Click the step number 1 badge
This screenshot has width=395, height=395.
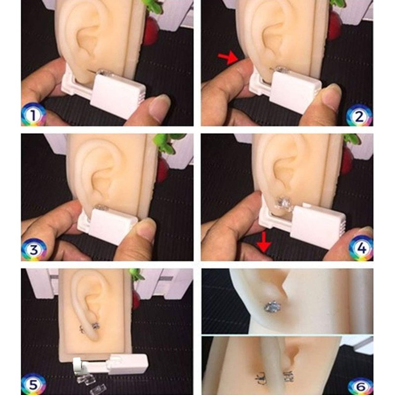pyautogui.click(x=33, y=115)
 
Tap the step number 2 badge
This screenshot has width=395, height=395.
pyautogui.click(x=359, y=116)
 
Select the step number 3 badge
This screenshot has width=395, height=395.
pyautogui.click(x=34, y=249)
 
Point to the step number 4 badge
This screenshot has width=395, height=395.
pyautogui.click(x=361, y=248)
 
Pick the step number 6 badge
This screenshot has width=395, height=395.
pyautogui.click(x=360, y=386)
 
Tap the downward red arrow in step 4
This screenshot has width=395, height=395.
pyautogui.click(x=264, y=242)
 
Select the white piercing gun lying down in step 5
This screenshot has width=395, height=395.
pyautogui.click(x=110, y=365)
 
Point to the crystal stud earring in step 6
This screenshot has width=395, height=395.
pyautogui.click(x=273, y=307)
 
